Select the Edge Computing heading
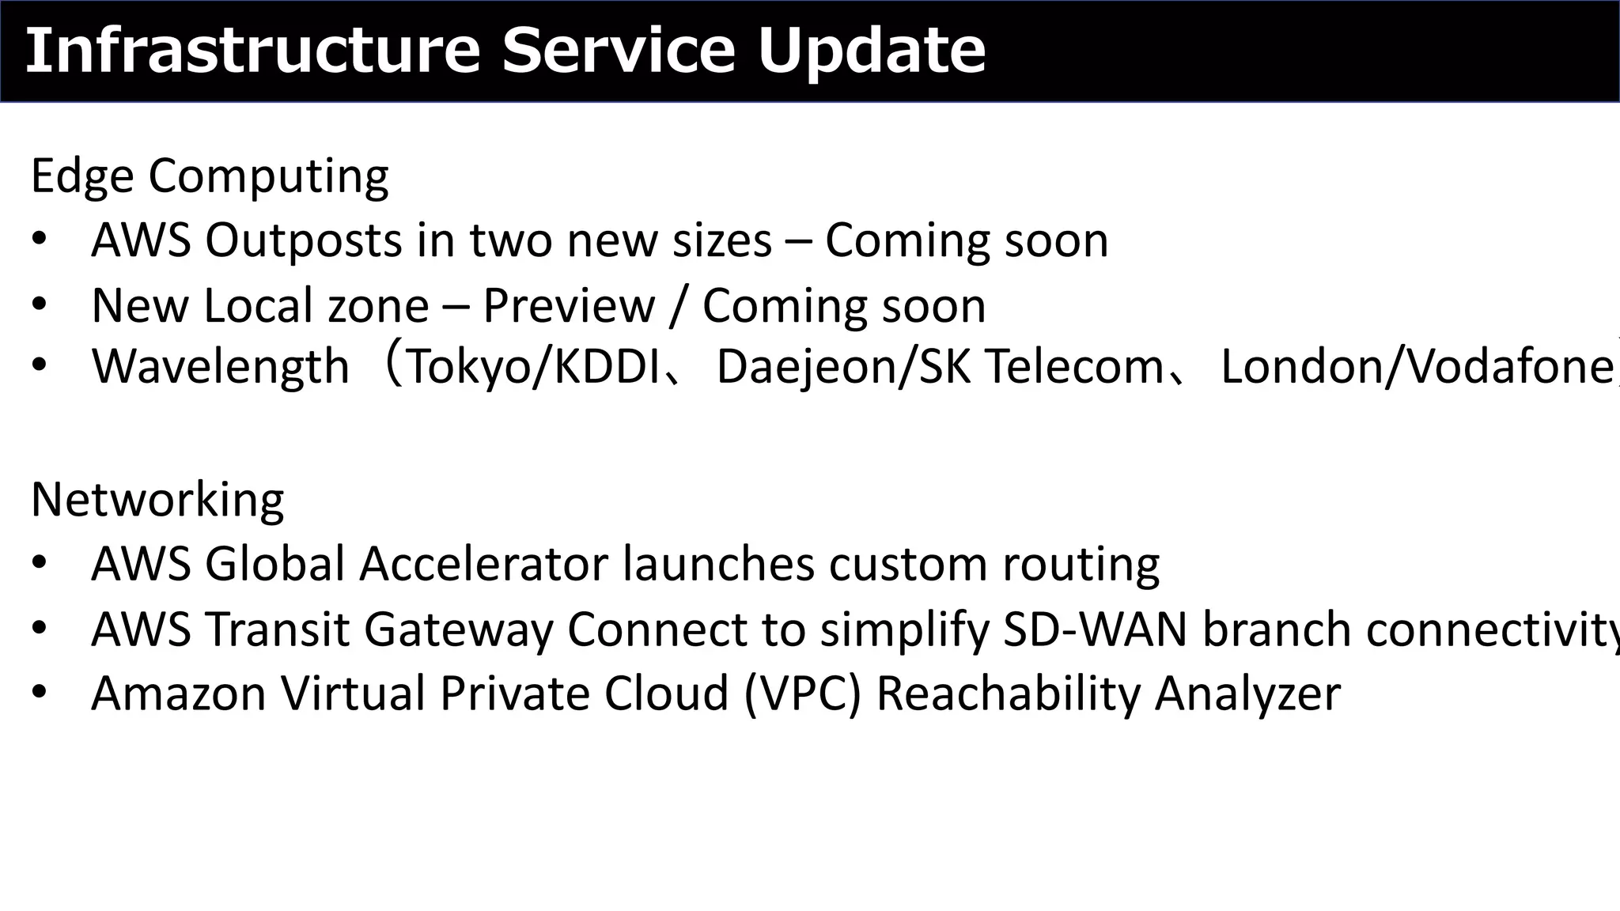point(210,176)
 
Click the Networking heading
point(157,500)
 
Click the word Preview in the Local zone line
point(569,306)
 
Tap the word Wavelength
point(220,367)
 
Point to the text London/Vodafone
point(1416,368)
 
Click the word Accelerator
point(484,565)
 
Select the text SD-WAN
point(1095,629)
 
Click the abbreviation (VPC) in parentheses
point(802,694)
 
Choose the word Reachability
point(1008,694)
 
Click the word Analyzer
point(1247,694)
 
